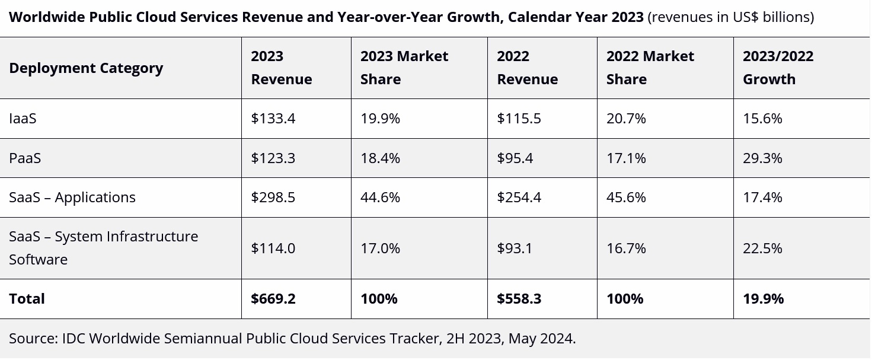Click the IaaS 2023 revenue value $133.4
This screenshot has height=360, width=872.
(x=273, y=119)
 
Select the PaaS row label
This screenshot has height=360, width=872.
(x=25, y=158)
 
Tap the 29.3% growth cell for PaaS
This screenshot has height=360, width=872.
(x=762, y=158)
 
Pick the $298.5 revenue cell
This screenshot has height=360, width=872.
(x=273, y=197)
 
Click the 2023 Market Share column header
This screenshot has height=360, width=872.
(x=404, y=68)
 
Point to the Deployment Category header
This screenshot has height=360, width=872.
(x=86, y=68)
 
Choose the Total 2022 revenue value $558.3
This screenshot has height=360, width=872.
(x=519, y=299)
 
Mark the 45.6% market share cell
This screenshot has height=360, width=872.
(x=625, y=197)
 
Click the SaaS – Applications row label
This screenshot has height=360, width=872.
(x=72, y=197)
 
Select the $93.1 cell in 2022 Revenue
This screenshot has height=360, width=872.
(x=515, y=248)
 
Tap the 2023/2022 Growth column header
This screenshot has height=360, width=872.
(x=778, y=68)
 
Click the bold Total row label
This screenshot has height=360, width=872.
(x=27, y=299)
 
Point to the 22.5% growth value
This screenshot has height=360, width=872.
(x=762, y=248)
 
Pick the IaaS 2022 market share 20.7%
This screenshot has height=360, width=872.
(x=625, y=119)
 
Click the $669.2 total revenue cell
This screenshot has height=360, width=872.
(x=273, y=299)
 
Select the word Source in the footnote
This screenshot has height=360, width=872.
(x=31, y=339)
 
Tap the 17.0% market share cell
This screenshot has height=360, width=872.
(x=380, y=248)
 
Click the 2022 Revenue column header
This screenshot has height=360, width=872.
(x=527, y=68)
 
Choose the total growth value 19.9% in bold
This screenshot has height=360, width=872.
(x=763, y=299)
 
